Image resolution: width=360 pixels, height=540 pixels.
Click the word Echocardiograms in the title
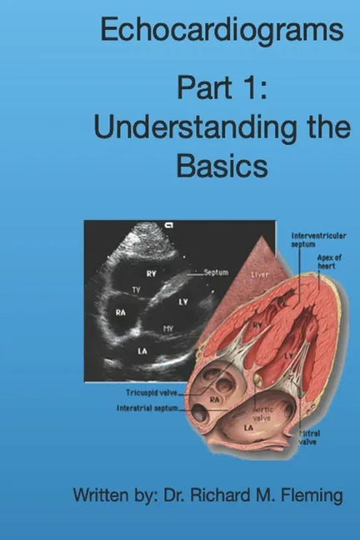pyautogui.click(x=222, y=32)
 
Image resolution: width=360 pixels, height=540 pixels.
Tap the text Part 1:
pyautogui.click(x=222, y=89)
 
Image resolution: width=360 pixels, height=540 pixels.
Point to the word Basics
pyautogui.click(x=222, y=166)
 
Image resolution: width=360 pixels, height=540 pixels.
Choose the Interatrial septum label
pyautogui.click(x=147, y=407)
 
